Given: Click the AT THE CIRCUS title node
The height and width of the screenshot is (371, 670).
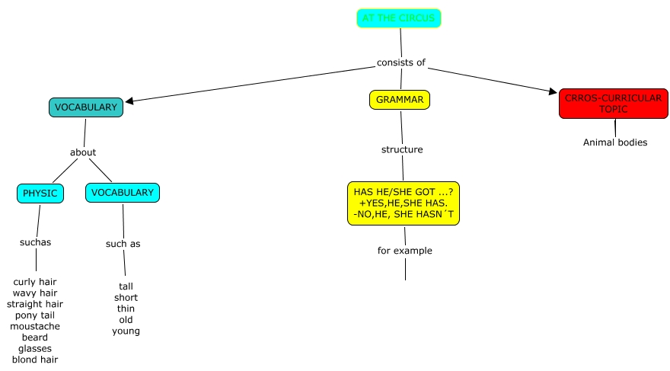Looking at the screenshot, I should pos(398,18).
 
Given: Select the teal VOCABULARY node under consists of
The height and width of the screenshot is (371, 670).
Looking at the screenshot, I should pos(86,107).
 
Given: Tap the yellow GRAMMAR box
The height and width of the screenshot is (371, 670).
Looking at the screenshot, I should pos(400,100).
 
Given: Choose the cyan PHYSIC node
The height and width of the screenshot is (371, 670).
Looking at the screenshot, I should pos(40,193).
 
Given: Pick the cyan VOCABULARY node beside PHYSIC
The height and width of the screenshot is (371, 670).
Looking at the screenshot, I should pos(123,193).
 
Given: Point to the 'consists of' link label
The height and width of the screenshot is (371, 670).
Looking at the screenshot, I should pos(400,62).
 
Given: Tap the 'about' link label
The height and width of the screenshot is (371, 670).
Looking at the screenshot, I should pos(83,152).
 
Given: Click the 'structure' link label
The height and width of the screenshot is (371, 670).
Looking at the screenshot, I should pos(402,149).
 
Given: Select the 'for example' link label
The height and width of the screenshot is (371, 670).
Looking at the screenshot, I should pos(404,251).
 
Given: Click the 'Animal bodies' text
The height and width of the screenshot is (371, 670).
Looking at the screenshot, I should pos(615,142).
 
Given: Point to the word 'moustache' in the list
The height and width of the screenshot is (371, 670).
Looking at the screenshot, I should pos(35,326).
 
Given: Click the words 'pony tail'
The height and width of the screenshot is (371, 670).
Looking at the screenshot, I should pos(35,315).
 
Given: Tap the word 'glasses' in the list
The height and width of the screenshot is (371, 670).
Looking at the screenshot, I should pos(35,348).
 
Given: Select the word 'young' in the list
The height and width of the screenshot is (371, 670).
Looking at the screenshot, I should pos(126,331).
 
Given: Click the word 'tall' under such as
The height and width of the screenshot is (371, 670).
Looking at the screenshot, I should pos(126,286).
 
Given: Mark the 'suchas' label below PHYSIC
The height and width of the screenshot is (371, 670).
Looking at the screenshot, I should pos(35,242).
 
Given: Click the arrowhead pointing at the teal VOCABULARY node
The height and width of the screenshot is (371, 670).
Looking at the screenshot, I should pos(129,101).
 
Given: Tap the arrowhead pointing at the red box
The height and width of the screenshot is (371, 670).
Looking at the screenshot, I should pos(554,92).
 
